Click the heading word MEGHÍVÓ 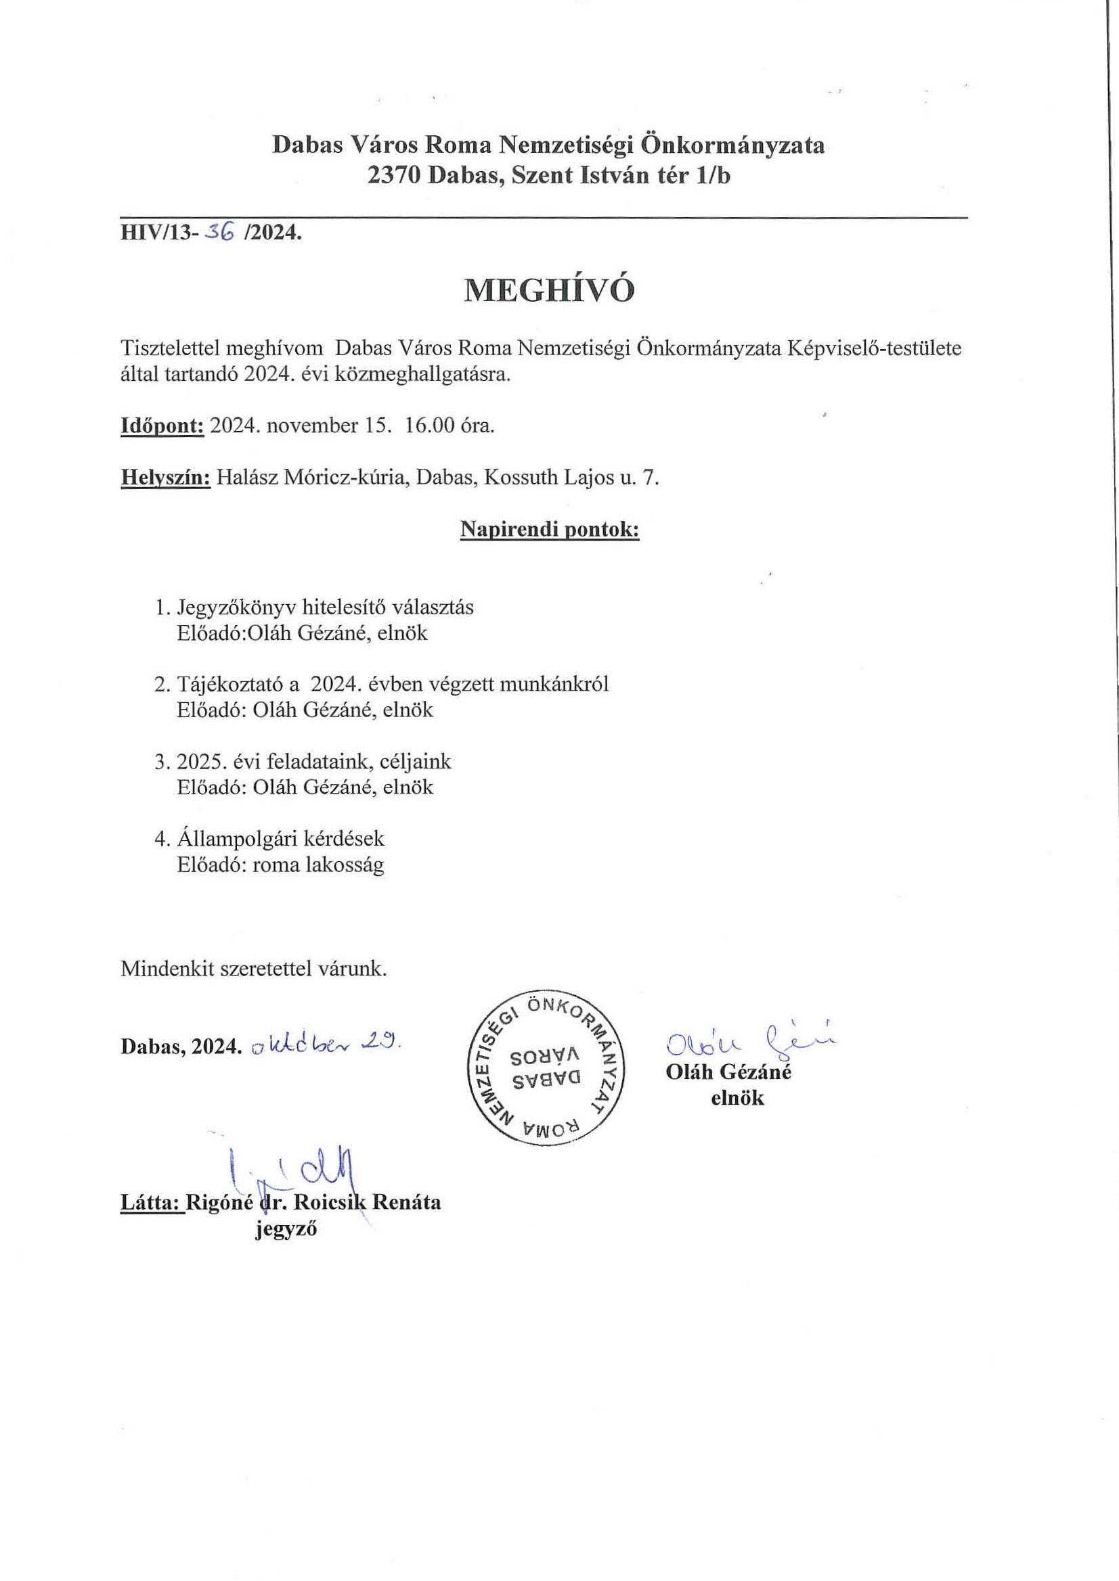[x=548, y=292]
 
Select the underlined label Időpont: [x=162, y=426]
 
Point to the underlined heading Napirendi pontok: [x=549, y=530]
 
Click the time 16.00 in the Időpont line [x=430, y=426]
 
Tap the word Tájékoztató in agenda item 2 [x=227, y=685]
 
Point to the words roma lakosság [x=318, y=865]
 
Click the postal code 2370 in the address [x=393, y=177]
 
